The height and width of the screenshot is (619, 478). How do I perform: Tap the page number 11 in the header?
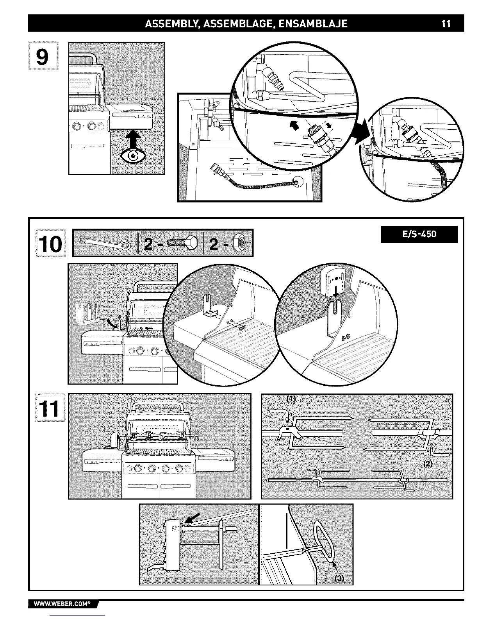[x=446, y=24]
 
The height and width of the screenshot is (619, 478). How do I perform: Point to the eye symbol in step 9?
[x=134, y=156]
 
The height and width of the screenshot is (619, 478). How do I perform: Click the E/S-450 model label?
[x=419, y=234]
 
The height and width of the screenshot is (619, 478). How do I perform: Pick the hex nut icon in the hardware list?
[x=239, y=243]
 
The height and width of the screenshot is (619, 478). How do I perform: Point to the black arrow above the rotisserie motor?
[x=193, y=519]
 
